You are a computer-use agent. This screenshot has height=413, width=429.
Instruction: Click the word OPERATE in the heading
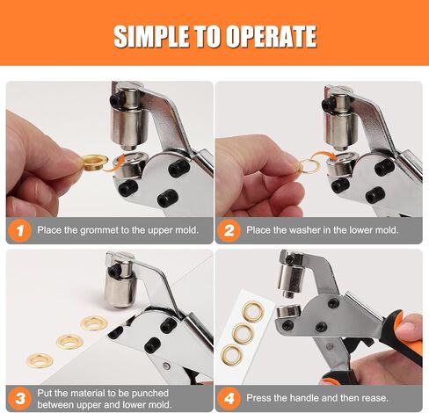click(x=272, y=36)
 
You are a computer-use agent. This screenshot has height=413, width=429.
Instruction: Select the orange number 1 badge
click(x=19, y=230)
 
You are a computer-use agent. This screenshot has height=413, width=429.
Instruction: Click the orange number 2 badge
click(x=229, y=230)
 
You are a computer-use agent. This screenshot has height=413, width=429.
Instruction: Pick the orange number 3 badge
click(x=19, y=398)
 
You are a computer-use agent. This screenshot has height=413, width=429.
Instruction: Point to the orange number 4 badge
click(x=229, y=398)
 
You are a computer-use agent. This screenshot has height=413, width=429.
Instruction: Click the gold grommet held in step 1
click(x=94, y=162)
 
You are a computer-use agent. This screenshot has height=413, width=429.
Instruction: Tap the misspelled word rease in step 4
click(x=375, y=398)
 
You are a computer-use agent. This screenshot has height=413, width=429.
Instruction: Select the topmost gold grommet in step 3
click(x=94, y=322)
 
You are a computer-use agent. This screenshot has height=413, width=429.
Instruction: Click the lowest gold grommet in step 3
click(x=40, y=360)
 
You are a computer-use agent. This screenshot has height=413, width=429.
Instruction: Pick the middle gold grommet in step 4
click(x=243, y=333)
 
